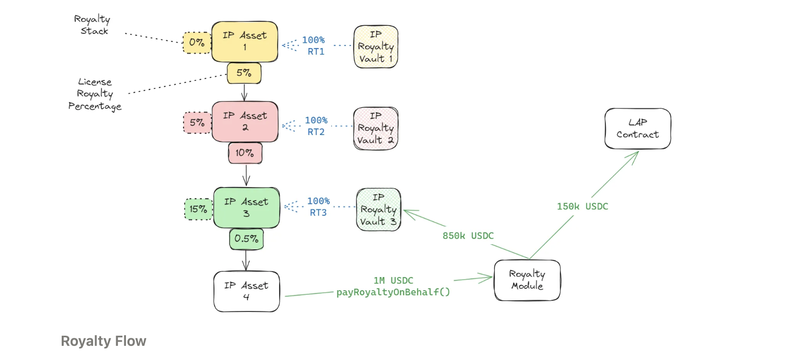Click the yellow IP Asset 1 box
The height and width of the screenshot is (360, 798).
pyautogui.click(x=245, y=41)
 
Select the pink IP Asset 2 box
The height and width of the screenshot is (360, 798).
pyautogui.click(x=245, y=122)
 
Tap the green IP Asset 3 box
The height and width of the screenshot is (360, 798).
pyautogui.click(x=246, y=208)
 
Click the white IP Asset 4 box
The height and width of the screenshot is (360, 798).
pyautogui.click(x=246, y=291)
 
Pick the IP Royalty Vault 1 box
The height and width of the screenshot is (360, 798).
pyautogui.click(x=376, y=47)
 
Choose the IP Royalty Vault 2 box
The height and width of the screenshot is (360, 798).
pyautogui.click(x=376, y=128)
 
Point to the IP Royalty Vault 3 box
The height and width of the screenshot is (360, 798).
pyautogui.click(x=379, y=209)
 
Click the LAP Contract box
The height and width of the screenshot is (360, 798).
pyautogui.click(x=638, y=128)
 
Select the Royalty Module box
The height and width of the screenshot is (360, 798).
pyautogui.click(x=527, y=280)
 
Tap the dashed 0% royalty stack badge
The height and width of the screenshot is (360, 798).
pyautogui.click(x=197, y=43)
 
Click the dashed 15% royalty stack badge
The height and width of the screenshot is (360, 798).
pyautogui.click(x=198, y=209)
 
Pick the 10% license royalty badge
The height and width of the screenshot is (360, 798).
pyautogui.click(x=245, y=153)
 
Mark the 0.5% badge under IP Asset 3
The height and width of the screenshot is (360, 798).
pyautogui.click(x=246, y=239)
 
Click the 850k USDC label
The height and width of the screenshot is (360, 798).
pyautogui.click(x=468, y=236)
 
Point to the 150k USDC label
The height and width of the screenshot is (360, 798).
pyautogui.click(x=583, y=206)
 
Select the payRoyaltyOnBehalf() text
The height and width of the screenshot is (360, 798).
pyautogui.click(x=393, y=292)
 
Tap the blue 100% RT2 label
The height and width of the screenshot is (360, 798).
pyautogui.click(x=316, y=126)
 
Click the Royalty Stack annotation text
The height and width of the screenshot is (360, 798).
pyautogui.click(x=92, y=25)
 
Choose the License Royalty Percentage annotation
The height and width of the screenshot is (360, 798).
pyautogui.click(x=95, y=95)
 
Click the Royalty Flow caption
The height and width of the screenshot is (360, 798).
pyautogui.click(x=103, y=341)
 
